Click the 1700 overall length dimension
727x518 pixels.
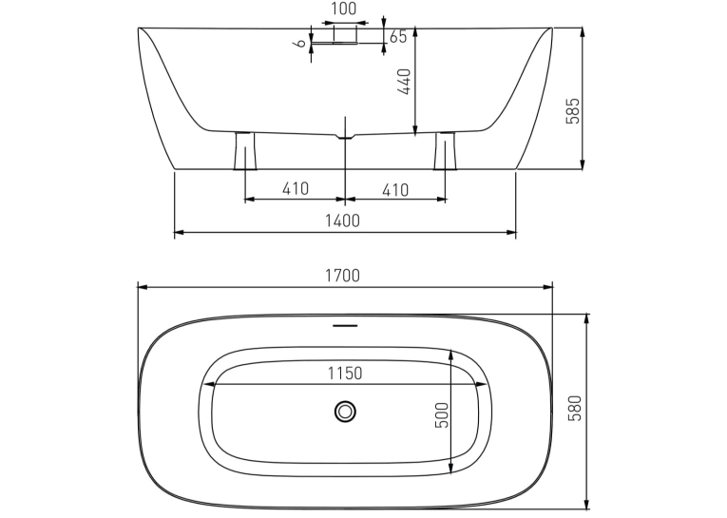click(x=342, y=276)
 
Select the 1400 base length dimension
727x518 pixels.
click(x=342, y=221)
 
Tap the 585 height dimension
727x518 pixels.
click(x=573, y=110)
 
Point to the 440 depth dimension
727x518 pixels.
click(x=404, y=82)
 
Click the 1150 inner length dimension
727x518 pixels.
click(x=345, y=373)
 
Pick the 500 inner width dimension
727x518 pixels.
click(x=442, y=414)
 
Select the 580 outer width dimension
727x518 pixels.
click(x=574, y=408)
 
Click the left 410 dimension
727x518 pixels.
click(x=296, y=189)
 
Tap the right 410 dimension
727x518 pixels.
click(x=395, y=190)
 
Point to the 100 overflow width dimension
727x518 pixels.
click(x=344, y=9)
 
